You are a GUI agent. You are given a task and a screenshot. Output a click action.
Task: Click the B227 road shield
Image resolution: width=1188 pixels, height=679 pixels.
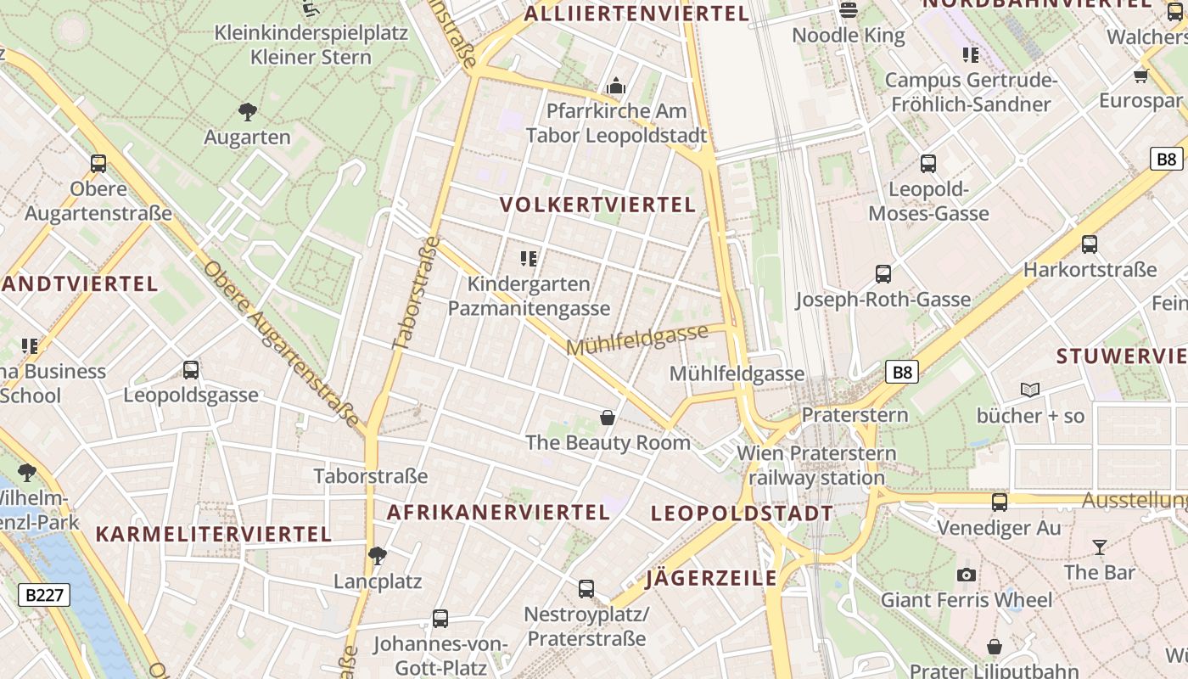click(44, 595)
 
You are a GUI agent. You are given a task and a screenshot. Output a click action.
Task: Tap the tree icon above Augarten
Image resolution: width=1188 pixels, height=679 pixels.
click(248, 111)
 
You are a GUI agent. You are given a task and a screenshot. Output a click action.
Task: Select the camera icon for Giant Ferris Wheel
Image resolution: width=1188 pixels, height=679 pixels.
click(966, 575)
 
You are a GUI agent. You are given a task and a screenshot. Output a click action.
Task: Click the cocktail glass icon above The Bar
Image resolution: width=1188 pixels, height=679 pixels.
click(1100, 547)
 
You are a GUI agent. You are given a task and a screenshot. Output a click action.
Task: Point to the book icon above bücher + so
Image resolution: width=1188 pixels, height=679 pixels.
click(1030, 390)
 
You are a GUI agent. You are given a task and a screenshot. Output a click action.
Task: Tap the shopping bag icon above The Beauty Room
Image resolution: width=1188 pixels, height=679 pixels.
click(608, 417)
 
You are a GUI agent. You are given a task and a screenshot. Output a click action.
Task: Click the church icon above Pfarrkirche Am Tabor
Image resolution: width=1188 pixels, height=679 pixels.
click(616, 86)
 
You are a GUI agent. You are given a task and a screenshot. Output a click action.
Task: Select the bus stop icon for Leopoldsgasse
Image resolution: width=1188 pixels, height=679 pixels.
click(191, 370)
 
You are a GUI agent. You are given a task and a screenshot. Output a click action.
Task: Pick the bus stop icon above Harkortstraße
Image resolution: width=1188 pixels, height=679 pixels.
click(1090, 244)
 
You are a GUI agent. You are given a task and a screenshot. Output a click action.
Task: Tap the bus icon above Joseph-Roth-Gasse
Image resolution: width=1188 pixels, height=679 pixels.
click(883, 274)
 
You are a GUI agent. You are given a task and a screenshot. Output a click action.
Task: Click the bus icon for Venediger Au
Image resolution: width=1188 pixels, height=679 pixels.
click(1000, 502)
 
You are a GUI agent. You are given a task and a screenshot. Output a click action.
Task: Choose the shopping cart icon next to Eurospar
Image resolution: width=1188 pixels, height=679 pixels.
click(1140, 76)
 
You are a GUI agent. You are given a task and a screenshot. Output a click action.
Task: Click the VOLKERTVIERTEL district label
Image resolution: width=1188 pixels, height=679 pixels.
click(597, 205)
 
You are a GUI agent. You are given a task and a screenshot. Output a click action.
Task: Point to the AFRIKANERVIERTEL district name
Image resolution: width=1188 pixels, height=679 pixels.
click(498, 513)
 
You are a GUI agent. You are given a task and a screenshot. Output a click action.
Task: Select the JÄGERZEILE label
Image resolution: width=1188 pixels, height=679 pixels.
click(711, 579)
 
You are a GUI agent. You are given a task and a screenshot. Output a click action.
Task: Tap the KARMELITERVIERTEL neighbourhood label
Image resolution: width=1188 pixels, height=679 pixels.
click(213, 535)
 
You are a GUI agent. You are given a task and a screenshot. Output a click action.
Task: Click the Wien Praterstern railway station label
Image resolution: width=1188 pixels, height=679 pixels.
click(816, 465)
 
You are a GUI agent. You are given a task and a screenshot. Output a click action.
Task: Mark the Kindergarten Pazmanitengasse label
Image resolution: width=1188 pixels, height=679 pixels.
click(529, 296)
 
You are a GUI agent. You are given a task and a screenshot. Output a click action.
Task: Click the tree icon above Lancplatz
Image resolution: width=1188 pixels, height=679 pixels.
click(378, 556)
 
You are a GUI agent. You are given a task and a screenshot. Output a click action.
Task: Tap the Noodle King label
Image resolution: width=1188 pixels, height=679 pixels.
click(849, 36)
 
